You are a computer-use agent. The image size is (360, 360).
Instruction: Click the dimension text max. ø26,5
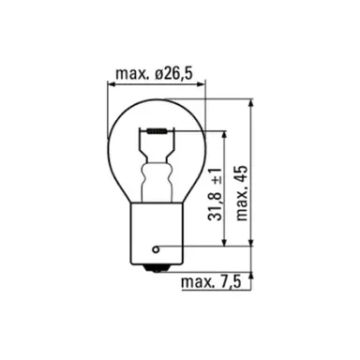[155, 73]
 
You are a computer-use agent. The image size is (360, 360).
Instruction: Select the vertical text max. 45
[242, 188]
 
